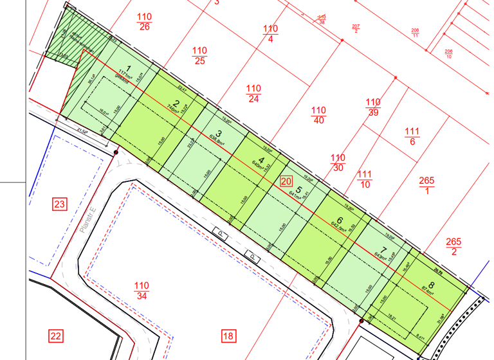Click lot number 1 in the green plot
129,69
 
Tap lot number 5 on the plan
299,190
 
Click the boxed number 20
286,182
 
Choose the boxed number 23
59,205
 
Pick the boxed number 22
56,335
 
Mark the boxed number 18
228,335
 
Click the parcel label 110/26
144,21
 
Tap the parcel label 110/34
142,291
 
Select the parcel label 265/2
453,246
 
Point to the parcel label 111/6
412,137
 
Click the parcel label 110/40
318,115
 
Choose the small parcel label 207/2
356,28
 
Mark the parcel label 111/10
365,179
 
